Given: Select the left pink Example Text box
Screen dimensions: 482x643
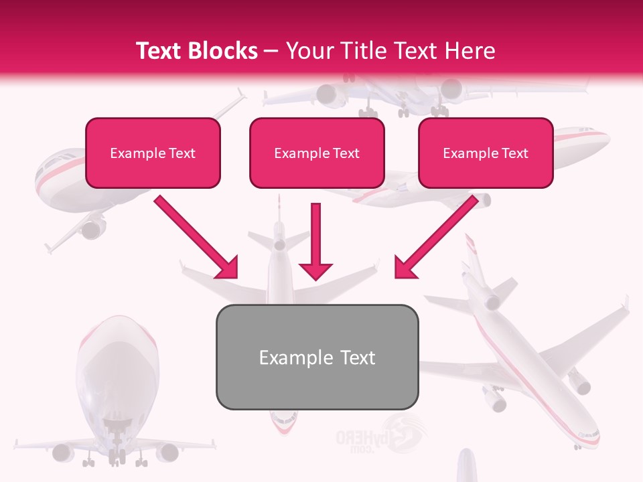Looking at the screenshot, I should [x=153, y=153].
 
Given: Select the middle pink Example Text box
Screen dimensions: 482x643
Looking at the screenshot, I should [x=317, y=153].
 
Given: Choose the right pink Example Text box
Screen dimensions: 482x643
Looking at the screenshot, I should [x=486, y=153].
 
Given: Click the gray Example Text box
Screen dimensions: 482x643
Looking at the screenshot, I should [x=317, y=357].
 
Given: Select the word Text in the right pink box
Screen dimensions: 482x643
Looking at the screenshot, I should [x=515, y=153].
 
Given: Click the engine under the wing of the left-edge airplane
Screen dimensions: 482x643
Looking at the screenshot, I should [x=92, y=228].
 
